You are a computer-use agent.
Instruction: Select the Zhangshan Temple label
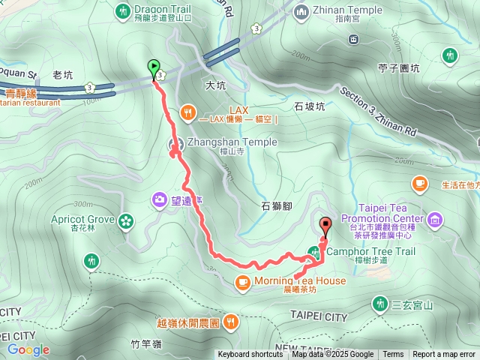pyautogui.click(x=221, y=142)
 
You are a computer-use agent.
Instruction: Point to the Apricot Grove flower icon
pyautogui.click(x=124, y=220)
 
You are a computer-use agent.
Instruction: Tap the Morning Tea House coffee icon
pyautogui.click(x=242, y=281)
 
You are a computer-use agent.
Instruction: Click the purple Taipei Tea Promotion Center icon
pyautogui.click(x=436, y=219)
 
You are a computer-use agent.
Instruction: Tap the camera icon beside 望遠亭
pyautogui.click(x=160, y=199)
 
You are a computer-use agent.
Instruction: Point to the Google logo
pyautogui.click(x=28, y=349)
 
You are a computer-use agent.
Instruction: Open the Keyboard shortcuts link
pyautogui.click(x=250, y=355)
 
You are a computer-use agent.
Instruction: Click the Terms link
pyautogui.click(x=393, y=355)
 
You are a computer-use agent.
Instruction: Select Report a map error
pyautogui.click(x=444, y=355)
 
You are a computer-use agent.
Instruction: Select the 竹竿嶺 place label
pyautogui.click(x=146, y=344)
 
